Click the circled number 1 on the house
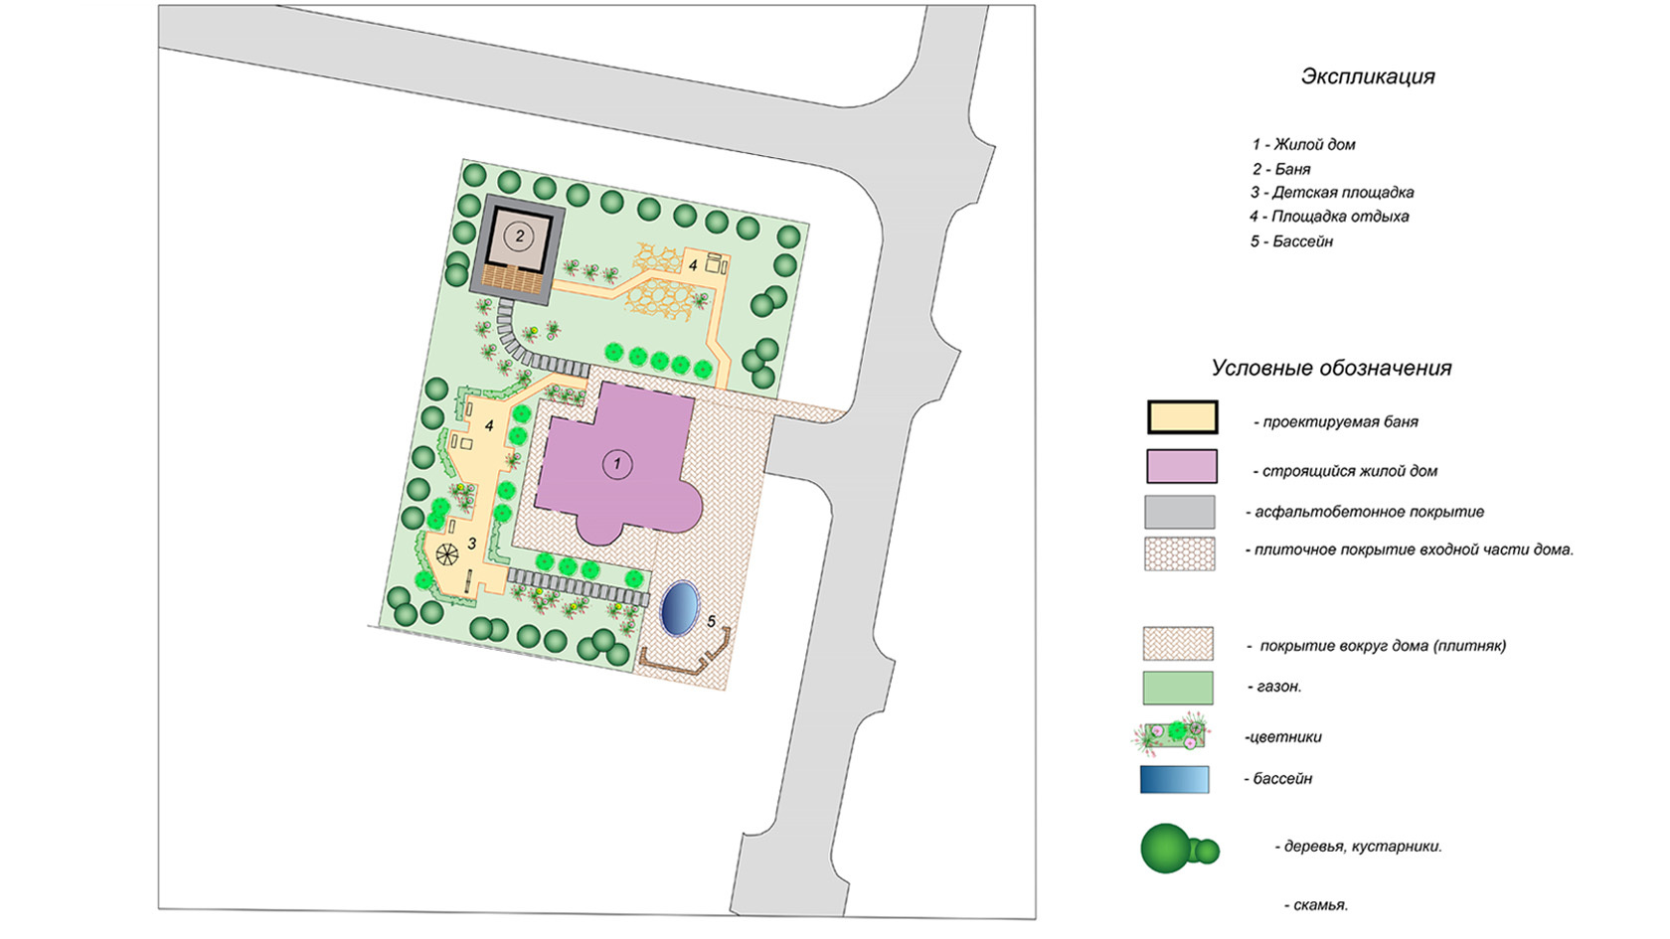pos(616,463)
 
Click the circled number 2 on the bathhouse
pos(518,236)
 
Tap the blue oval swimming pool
pos(679,608)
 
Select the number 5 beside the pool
pos(711,622)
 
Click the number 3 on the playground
pos(472,544)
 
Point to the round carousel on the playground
pos(446,554)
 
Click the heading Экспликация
pos(1368,77)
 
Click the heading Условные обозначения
pos(1331,368)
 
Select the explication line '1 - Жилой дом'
pos(1303,144)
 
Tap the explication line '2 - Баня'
pos(1281,169)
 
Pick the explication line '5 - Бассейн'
pos(1291,241)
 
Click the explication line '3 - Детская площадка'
pos(1332,193)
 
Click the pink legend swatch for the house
pos(1181,466)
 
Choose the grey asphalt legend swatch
pos(1180,512)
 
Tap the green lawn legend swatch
pos(1178,688)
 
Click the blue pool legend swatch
pos(1175,780)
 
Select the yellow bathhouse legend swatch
pos(1182,417)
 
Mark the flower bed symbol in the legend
pos(1174,736)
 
